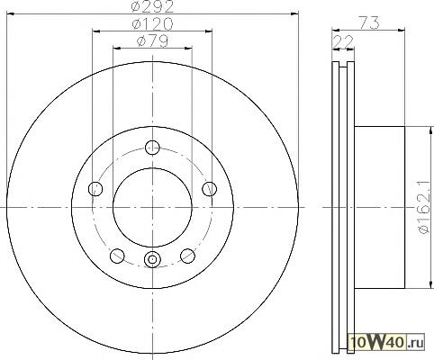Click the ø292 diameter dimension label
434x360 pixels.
[153, 6]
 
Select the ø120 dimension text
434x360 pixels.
[152, 23]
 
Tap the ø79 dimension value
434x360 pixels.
[152, 41]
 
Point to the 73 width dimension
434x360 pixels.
[369, 22]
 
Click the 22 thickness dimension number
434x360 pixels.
[343, 41]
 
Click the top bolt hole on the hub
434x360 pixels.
[152, 148]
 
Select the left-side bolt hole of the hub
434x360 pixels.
[95, 189]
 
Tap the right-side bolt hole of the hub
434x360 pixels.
[210, 189]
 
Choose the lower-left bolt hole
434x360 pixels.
[117, 256]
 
